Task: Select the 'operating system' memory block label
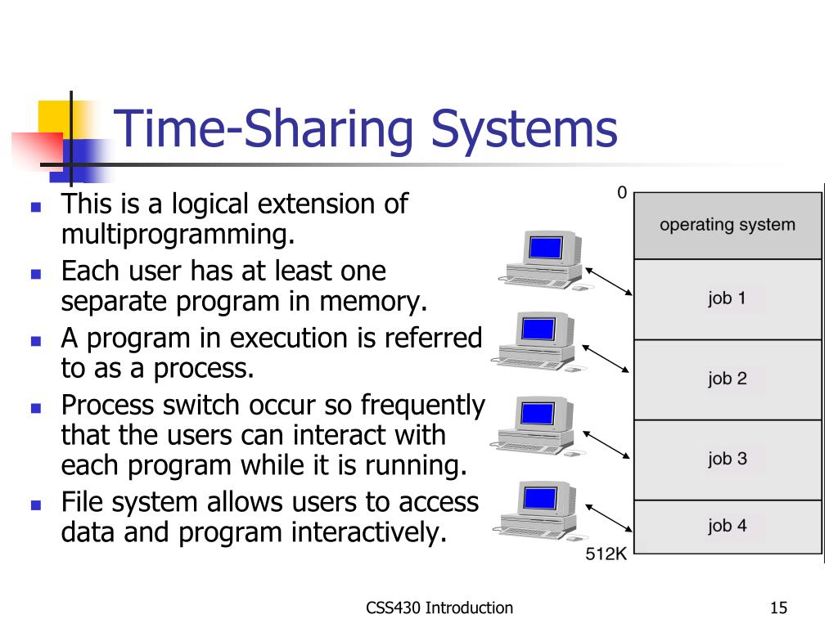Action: point(728,225)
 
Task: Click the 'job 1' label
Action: point(728,298)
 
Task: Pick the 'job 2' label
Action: point(728,379)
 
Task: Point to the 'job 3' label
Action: point(728,459)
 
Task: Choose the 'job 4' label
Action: point(728,526)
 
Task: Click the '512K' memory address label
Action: point(606,555)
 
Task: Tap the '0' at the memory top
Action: point(622,193)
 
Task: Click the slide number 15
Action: point(778,608)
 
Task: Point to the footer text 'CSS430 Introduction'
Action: point(440,608)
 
